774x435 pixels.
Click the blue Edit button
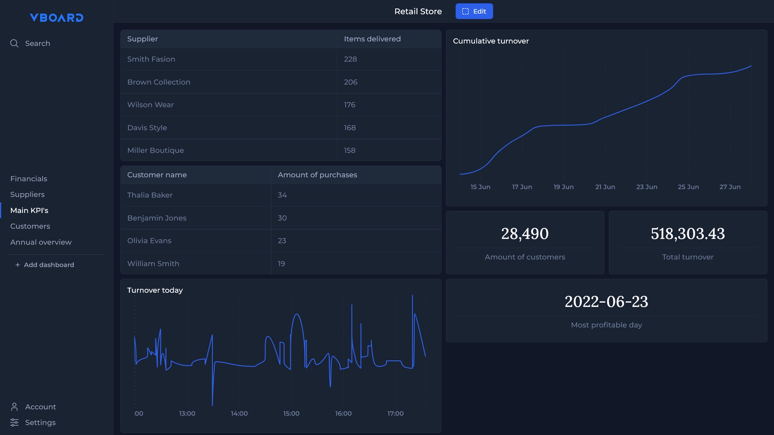[474, 11]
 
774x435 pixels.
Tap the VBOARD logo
[56, 18]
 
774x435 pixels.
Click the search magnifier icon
[14, 43]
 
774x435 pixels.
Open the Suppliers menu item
[27, 195]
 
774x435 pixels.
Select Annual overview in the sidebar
[41, 242]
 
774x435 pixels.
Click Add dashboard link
[45, 265]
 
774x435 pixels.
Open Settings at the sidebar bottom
[40, 423]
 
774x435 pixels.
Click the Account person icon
[14, 407]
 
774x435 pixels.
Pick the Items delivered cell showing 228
[350, 59]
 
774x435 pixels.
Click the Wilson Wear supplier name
[150, 105]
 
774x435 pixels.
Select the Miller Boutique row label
[156, 150]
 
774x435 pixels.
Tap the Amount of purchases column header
[317, 175]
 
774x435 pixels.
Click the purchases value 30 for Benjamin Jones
[282, 218]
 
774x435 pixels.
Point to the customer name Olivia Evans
[149, 241]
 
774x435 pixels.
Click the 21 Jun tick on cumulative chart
[605, 187]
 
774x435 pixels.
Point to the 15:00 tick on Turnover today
[291, 414]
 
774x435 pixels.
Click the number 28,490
[525, 234]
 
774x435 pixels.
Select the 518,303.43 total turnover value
[688, 234]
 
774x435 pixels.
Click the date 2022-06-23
[606, 302]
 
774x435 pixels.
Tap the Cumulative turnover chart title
[491, 41]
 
